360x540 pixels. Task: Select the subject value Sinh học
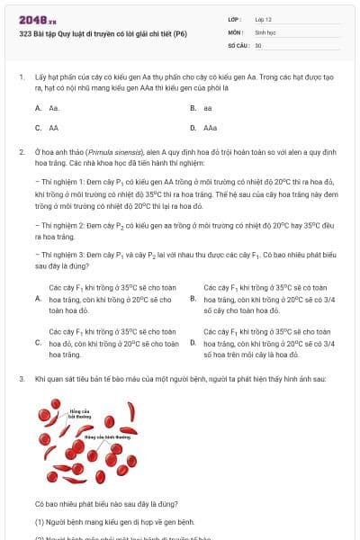tap(265, 31)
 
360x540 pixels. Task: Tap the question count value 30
tap(258, 44)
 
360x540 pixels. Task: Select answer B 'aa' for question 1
tap(208, 108)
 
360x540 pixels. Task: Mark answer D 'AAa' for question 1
tap(210, 128)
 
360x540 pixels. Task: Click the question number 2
tap(21, 153)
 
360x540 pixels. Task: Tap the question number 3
tap(21, 380)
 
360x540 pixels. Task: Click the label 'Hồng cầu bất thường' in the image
tap(80, 414)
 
